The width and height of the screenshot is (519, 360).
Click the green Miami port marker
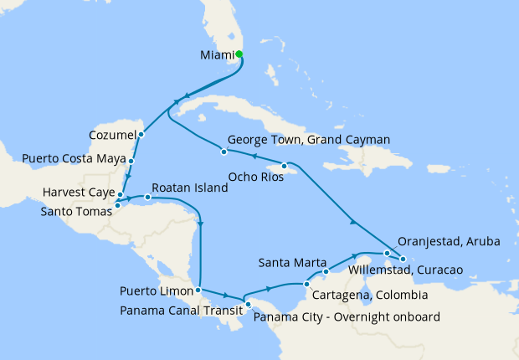(239, 54)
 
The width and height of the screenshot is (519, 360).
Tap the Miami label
(218, 56)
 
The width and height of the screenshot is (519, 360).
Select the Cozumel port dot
(141, 134)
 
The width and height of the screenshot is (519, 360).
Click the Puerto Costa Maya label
(73, 157)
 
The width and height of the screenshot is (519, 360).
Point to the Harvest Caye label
(78, 193)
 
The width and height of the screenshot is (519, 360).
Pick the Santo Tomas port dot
(117, 204)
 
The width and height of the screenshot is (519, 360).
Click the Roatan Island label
(190, 188)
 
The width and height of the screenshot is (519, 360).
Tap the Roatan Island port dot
(147, 198)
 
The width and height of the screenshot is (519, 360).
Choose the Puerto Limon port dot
(198, 291)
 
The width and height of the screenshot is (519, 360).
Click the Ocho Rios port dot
(285, 166)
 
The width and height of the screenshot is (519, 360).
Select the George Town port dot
(224, 152)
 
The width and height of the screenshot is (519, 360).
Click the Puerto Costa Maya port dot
(132, 159)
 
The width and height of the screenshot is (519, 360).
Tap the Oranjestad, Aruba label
(449, 241)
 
